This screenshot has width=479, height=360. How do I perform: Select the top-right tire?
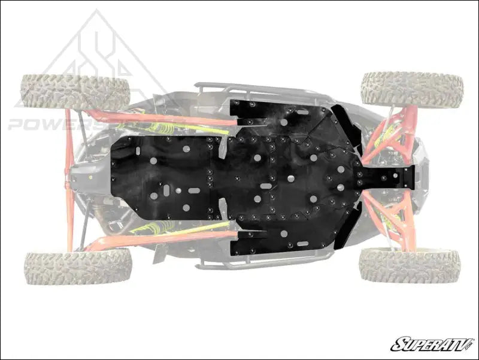pyautogui.click(x=411, y=89)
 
